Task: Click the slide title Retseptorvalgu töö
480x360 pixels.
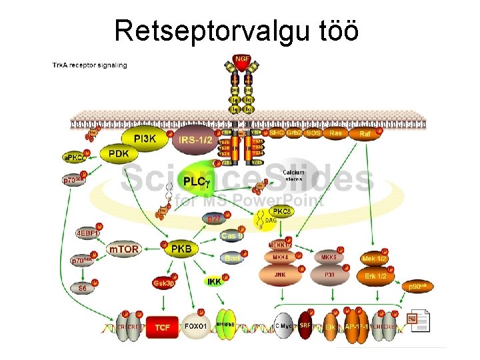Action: click(x=237, y=30)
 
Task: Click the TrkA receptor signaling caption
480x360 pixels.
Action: click(x=90, y=65)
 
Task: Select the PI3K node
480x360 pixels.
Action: click(x=145, y=139)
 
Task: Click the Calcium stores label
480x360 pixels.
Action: click(x=293, y=175)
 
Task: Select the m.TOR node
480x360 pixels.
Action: click(x=125, y=249)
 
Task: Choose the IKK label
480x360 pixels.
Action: click(x=214, y=282)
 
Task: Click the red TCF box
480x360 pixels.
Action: click(x=162, y=327)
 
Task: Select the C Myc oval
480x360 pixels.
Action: click(x=284, y=327)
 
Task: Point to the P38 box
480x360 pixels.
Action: click(x=328, y=273)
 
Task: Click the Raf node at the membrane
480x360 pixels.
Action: click(x=365, y=134)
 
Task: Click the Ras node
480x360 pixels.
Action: click(x=335, y=133)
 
